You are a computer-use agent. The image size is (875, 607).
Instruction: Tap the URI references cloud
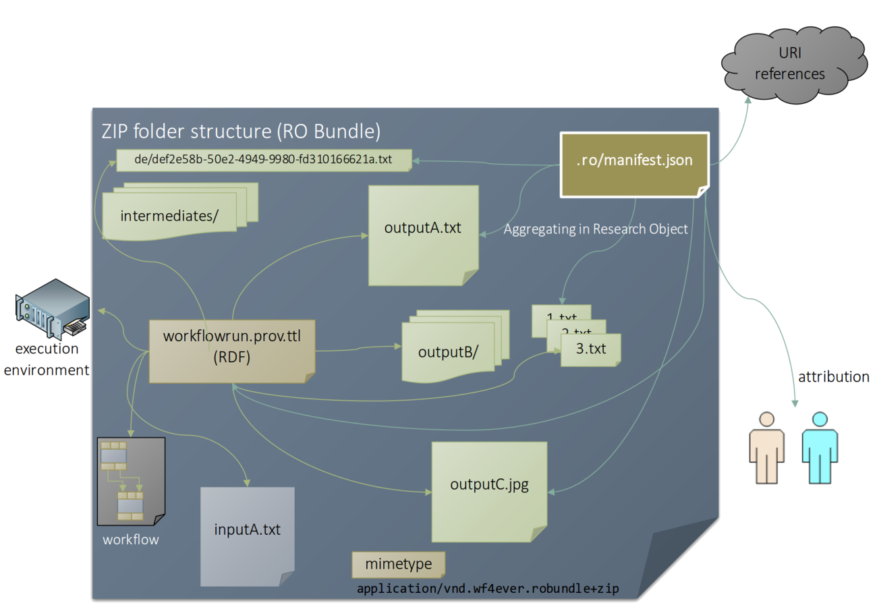[790, 63]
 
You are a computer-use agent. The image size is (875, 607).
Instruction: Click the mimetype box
[398, 565]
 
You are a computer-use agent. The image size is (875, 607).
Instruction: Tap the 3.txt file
[590, 350]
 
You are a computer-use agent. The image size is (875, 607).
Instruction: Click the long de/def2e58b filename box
[263, 160]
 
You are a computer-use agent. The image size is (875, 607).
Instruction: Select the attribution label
[833, 377]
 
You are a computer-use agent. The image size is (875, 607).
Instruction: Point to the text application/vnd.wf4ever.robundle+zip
[488, 589]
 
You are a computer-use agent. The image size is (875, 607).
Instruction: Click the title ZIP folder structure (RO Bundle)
[241, 131]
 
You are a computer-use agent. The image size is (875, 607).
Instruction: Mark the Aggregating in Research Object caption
[596, 229]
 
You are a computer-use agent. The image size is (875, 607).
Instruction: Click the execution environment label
[47, 359]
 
